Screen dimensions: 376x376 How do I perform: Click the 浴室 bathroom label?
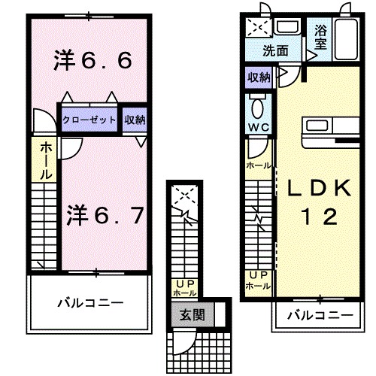(x=320, y=38)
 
